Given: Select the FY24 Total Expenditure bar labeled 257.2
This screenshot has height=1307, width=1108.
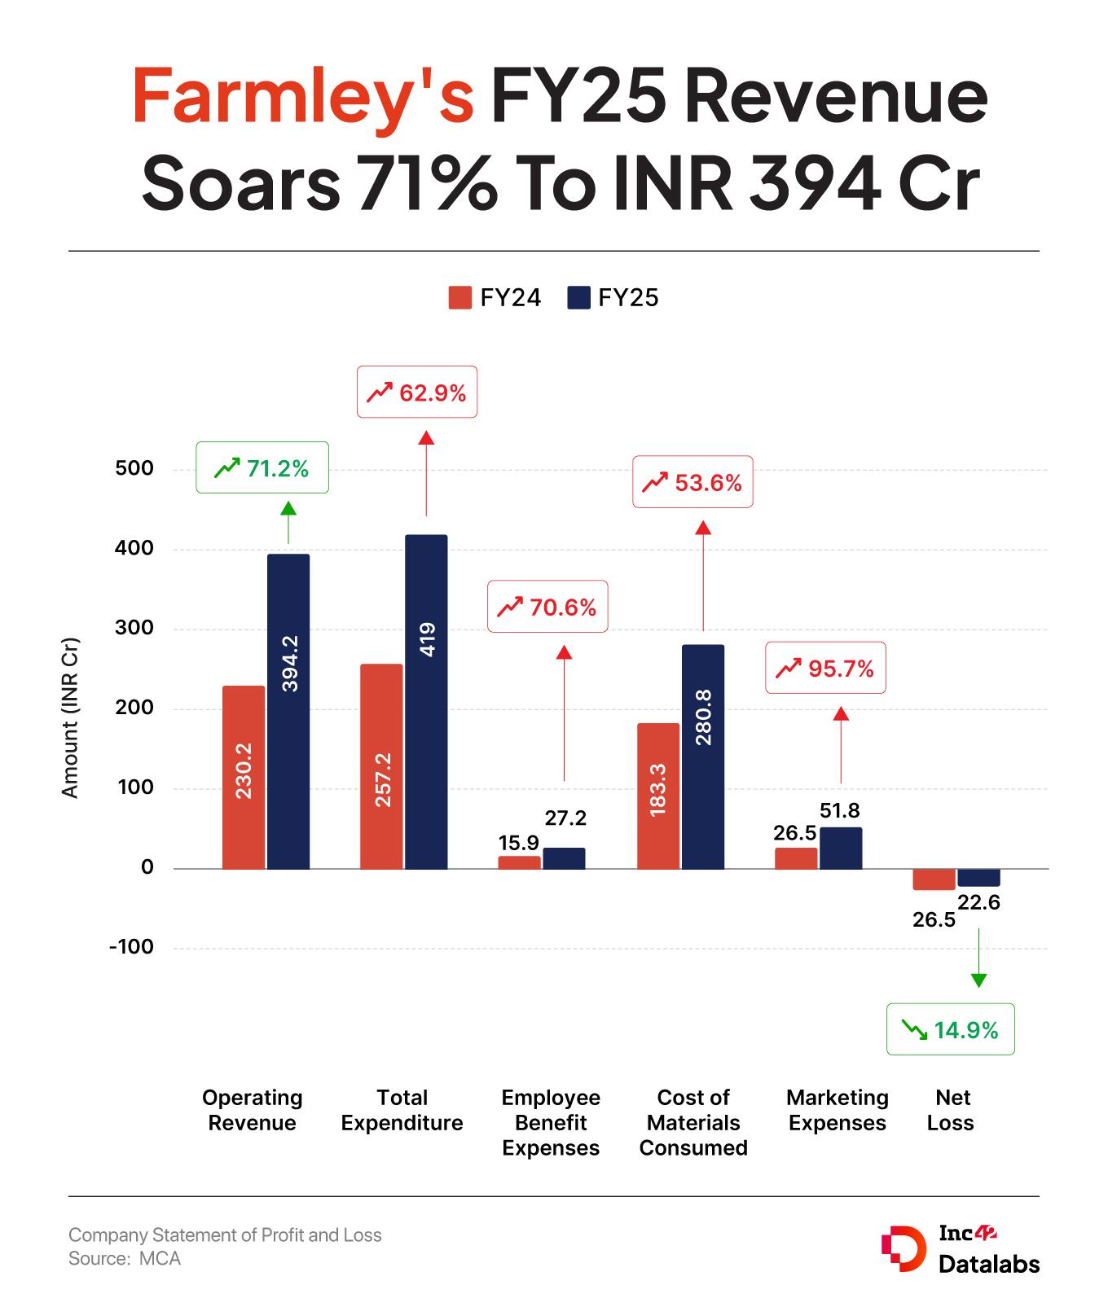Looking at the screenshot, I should (x=381, y=766).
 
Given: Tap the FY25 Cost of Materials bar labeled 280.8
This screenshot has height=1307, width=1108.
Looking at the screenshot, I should (x=703, y=757).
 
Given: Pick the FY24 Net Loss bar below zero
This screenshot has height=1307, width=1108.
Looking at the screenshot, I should (x=934, y=879).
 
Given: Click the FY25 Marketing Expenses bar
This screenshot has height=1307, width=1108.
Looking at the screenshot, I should (x=841, y=849).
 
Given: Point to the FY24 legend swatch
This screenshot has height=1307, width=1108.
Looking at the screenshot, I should (x=460, y=297).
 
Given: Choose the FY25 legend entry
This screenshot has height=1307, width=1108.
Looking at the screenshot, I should (x=613, y=297).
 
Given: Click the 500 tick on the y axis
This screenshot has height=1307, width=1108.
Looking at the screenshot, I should (x=134, y=468).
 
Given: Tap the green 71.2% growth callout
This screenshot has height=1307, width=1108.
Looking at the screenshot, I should (x=262, y=467).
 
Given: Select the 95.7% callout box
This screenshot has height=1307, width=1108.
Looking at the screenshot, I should (x=825, y=669).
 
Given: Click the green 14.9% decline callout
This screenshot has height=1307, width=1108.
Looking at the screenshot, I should (x=950, y=1029).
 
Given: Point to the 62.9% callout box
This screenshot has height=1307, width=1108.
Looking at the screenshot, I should (x=417, y=393).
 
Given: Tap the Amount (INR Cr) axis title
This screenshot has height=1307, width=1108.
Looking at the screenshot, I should (x=71, y=717).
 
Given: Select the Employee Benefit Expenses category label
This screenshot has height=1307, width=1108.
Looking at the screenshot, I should (x=551, y=1122).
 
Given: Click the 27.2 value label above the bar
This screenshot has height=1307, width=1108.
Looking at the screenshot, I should (x=565, y=818).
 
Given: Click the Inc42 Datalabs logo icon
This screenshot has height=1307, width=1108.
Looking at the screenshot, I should (x=903, y=1248).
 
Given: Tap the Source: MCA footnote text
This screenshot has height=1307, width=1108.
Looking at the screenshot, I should (x=125, y=1259).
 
